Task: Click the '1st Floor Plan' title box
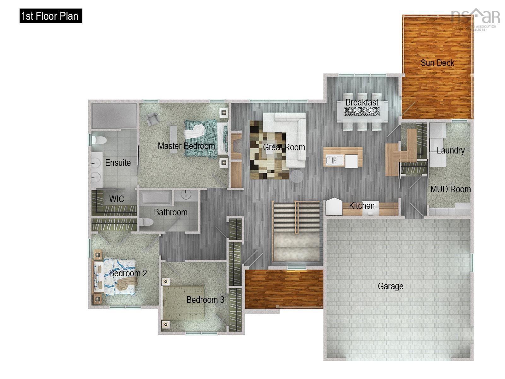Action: click(x=50, y=16)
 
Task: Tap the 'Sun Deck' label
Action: click(x=437, y=63)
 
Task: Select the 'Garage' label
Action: click(x=390, y=286)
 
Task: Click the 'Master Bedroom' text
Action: click(x=186, y=146)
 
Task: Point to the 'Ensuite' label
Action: click(x=118, y=163)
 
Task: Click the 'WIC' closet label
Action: click(x=116, y=199)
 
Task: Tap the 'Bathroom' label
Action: click(x=170, y=212)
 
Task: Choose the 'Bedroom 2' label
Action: click(x=128, y=273)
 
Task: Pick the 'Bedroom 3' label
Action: click(x=205, y=300)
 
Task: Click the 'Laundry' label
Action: click(x=450, y=150)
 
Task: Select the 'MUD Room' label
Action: click(x=450, y=189)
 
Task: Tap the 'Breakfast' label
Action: click(x=362, y=102)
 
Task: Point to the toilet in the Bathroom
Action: click(x=146, y=222)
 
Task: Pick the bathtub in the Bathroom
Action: click(x=157, y=198)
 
